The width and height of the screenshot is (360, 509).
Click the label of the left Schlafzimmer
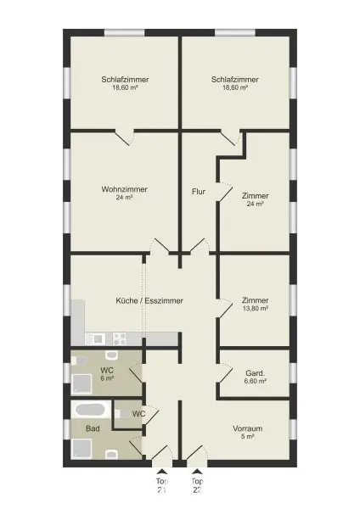click(120, 83)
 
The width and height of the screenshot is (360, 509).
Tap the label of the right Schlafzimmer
click(234, 83)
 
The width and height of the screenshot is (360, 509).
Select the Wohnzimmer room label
click(120, 193)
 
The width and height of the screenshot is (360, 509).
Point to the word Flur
click(198, 191)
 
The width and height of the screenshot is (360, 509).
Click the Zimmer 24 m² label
click(255, 199)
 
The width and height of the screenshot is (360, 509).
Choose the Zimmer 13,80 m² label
click(255, 304)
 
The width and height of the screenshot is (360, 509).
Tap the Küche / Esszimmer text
click(149, 300)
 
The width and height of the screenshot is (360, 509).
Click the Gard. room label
click(256, 377)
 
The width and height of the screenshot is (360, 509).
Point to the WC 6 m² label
click(106, 374)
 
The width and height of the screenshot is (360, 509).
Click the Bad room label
click(93, 428)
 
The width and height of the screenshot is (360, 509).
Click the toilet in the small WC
click(123, 413)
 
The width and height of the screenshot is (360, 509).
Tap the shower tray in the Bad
click(82, 449)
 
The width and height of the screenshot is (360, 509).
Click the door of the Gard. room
click(224, 372)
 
